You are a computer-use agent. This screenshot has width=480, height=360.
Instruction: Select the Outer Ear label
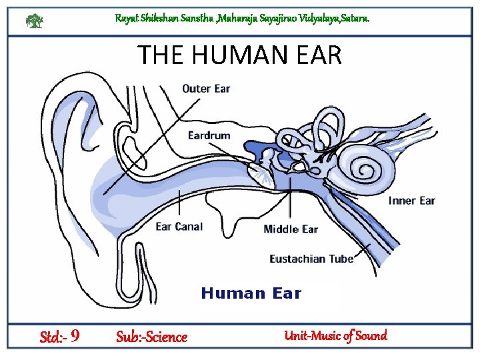(x=206, y=89)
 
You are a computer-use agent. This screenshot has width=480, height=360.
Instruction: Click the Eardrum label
(x=209, y=135)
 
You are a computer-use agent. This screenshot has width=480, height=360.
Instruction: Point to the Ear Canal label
(x=179, y=227)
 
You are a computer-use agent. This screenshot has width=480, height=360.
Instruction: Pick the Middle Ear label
(x=291, y=229)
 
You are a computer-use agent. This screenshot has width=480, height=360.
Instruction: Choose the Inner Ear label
(x=412, y=201)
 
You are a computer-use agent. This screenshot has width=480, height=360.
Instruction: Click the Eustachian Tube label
(x=311, y=259)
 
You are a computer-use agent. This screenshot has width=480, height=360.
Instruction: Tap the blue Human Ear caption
(x=251, y=293)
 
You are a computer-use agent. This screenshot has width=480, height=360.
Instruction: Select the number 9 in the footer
(x=75, y=336)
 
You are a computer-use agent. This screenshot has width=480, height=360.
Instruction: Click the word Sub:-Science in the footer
(x=151, y=337)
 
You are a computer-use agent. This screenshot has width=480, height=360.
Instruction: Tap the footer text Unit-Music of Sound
(x=335, y=335)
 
